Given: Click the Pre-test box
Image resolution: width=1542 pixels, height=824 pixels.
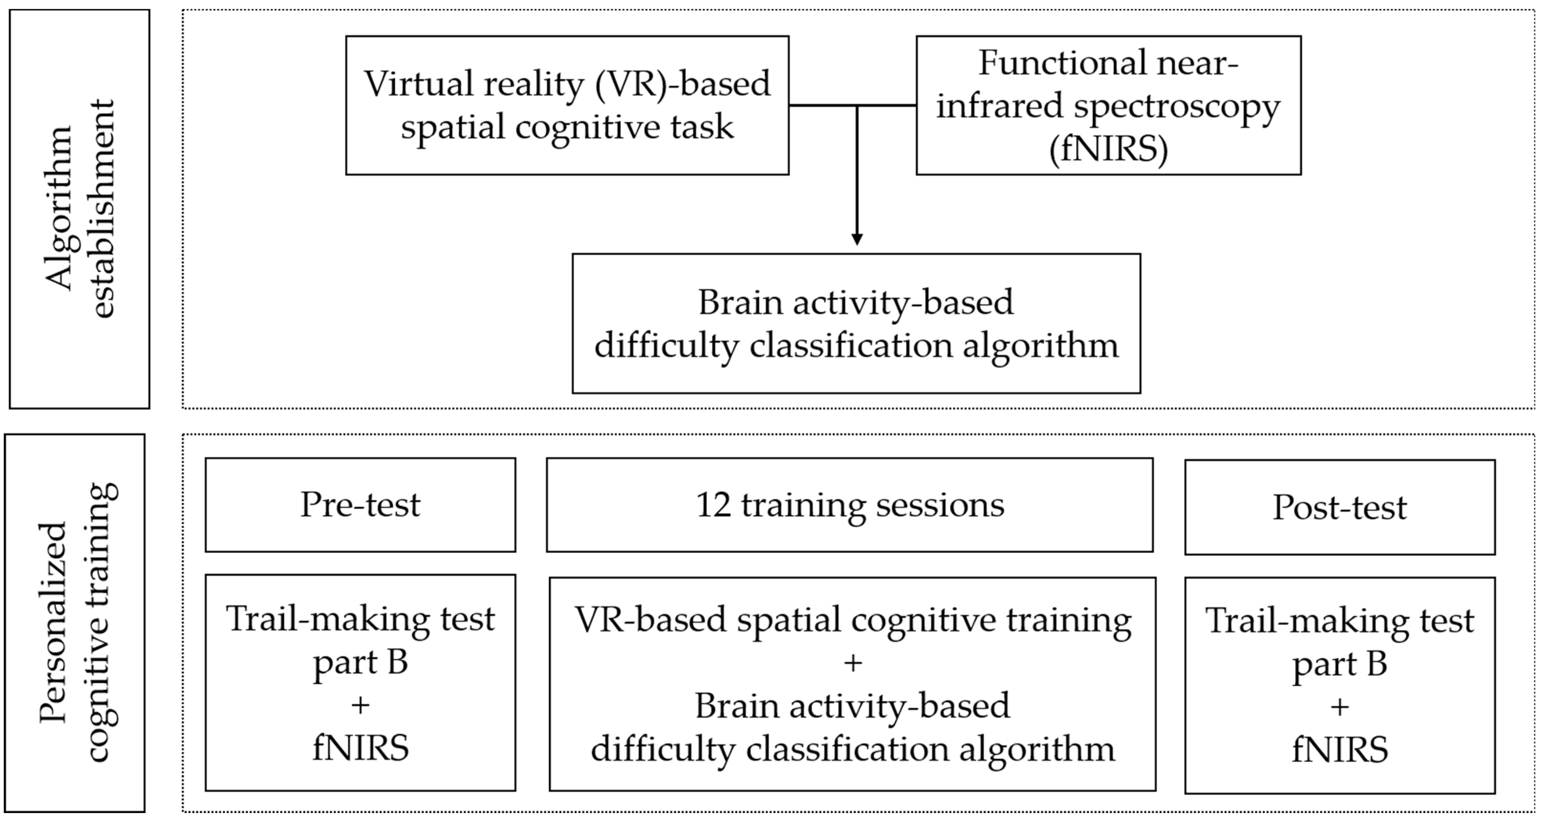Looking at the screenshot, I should point(360,505).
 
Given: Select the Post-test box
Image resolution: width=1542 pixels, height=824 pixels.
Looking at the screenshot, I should point(1340,507).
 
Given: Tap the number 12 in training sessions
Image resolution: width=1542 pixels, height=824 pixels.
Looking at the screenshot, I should point(713,505).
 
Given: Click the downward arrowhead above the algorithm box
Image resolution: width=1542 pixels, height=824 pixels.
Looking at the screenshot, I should point(857,239).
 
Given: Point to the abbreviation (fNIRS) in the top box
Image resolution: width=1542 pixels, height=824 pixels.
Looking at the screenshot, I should point(1108,148).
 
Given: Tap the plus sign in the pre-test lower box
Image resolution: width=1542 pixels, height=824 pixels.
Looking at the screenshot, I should point(360,705).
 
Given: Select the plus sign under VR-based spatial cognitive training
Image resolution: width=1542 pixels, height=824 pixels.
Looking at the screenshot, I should point(853,663).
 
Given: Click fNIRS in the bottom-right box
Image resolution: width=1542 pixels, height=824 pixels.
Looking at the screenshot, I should point(1340,750).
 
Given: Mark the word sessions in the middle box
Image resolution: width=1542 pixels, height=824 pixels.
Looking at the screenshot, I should point(940,505).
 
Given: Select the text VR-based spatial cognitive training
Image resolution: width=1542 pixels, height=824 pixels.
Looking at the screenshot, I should point(853,620).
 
